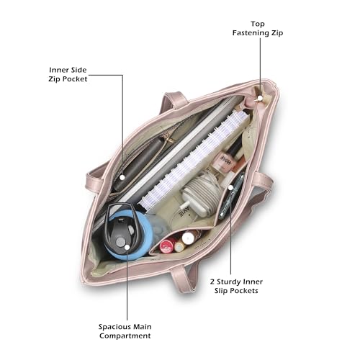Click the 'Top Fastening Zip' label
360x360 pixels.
click(x=258, y=28)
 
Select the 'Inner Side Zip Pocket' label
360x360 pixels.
click(x=68, y=74)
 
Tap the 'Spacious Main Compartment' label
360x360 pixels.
click(x=125, y=331)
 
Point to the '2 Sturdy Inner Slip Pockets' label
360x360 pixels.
click(x=236, y=286)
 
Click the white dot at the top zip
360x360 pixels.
click(x=260, y=98)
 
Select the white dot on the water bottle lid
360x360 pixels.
click(x=127, y=247)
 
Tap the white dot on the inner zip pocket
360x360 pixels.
click(x=122, y=177)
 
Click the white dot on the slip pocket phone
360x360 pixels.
click(x=230, y=187)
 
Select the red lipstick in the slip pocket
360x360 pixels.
click(x=167, y=246)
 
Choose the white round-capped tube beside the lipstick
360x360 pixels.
click(x=189, y=237)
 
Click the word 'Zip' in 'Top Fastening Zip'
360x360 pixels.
click(x=277, y=33)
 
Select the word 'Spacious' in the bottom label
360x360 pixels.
click(x=112, y=327)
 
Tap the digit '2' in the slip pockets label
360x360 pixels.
click(x=212, y=282)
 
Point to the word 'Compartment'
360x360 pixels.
click(x=125, y=336)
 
